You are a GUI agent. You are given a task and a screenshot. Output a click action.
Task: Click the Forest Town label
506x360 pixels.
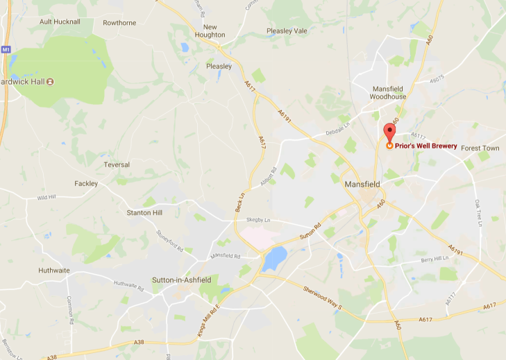click(x=480, y=148)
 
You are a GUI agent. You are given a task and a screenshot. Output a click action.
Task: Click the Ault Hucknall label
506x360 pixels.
click(x=60, y=22)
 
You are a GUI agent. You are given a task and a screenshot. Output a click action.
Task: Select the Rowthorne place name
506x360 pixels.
click(x=119, y=22)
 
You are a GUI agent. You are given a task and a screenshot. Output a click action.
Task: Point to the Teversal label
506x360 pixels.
click(x=117, y=164)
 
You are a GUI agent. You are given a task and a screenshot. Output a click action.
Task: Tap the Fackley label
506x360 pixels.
click(x=87, y=183)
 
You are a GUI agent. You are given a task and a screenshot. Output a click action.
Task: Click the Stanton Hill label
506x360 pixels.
click(x=144, y=212)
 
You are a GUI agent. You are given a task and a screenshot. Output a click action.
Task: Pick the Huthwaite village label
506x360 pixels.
click(x=56, y=271)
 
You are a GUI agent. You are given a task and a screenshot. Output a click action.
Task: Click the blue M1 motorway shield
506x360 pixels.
click(x=6, y=49)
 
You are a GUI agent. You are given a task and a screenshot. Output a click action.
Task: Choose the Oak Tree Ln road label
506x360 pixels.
click(x=478, y=213)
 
